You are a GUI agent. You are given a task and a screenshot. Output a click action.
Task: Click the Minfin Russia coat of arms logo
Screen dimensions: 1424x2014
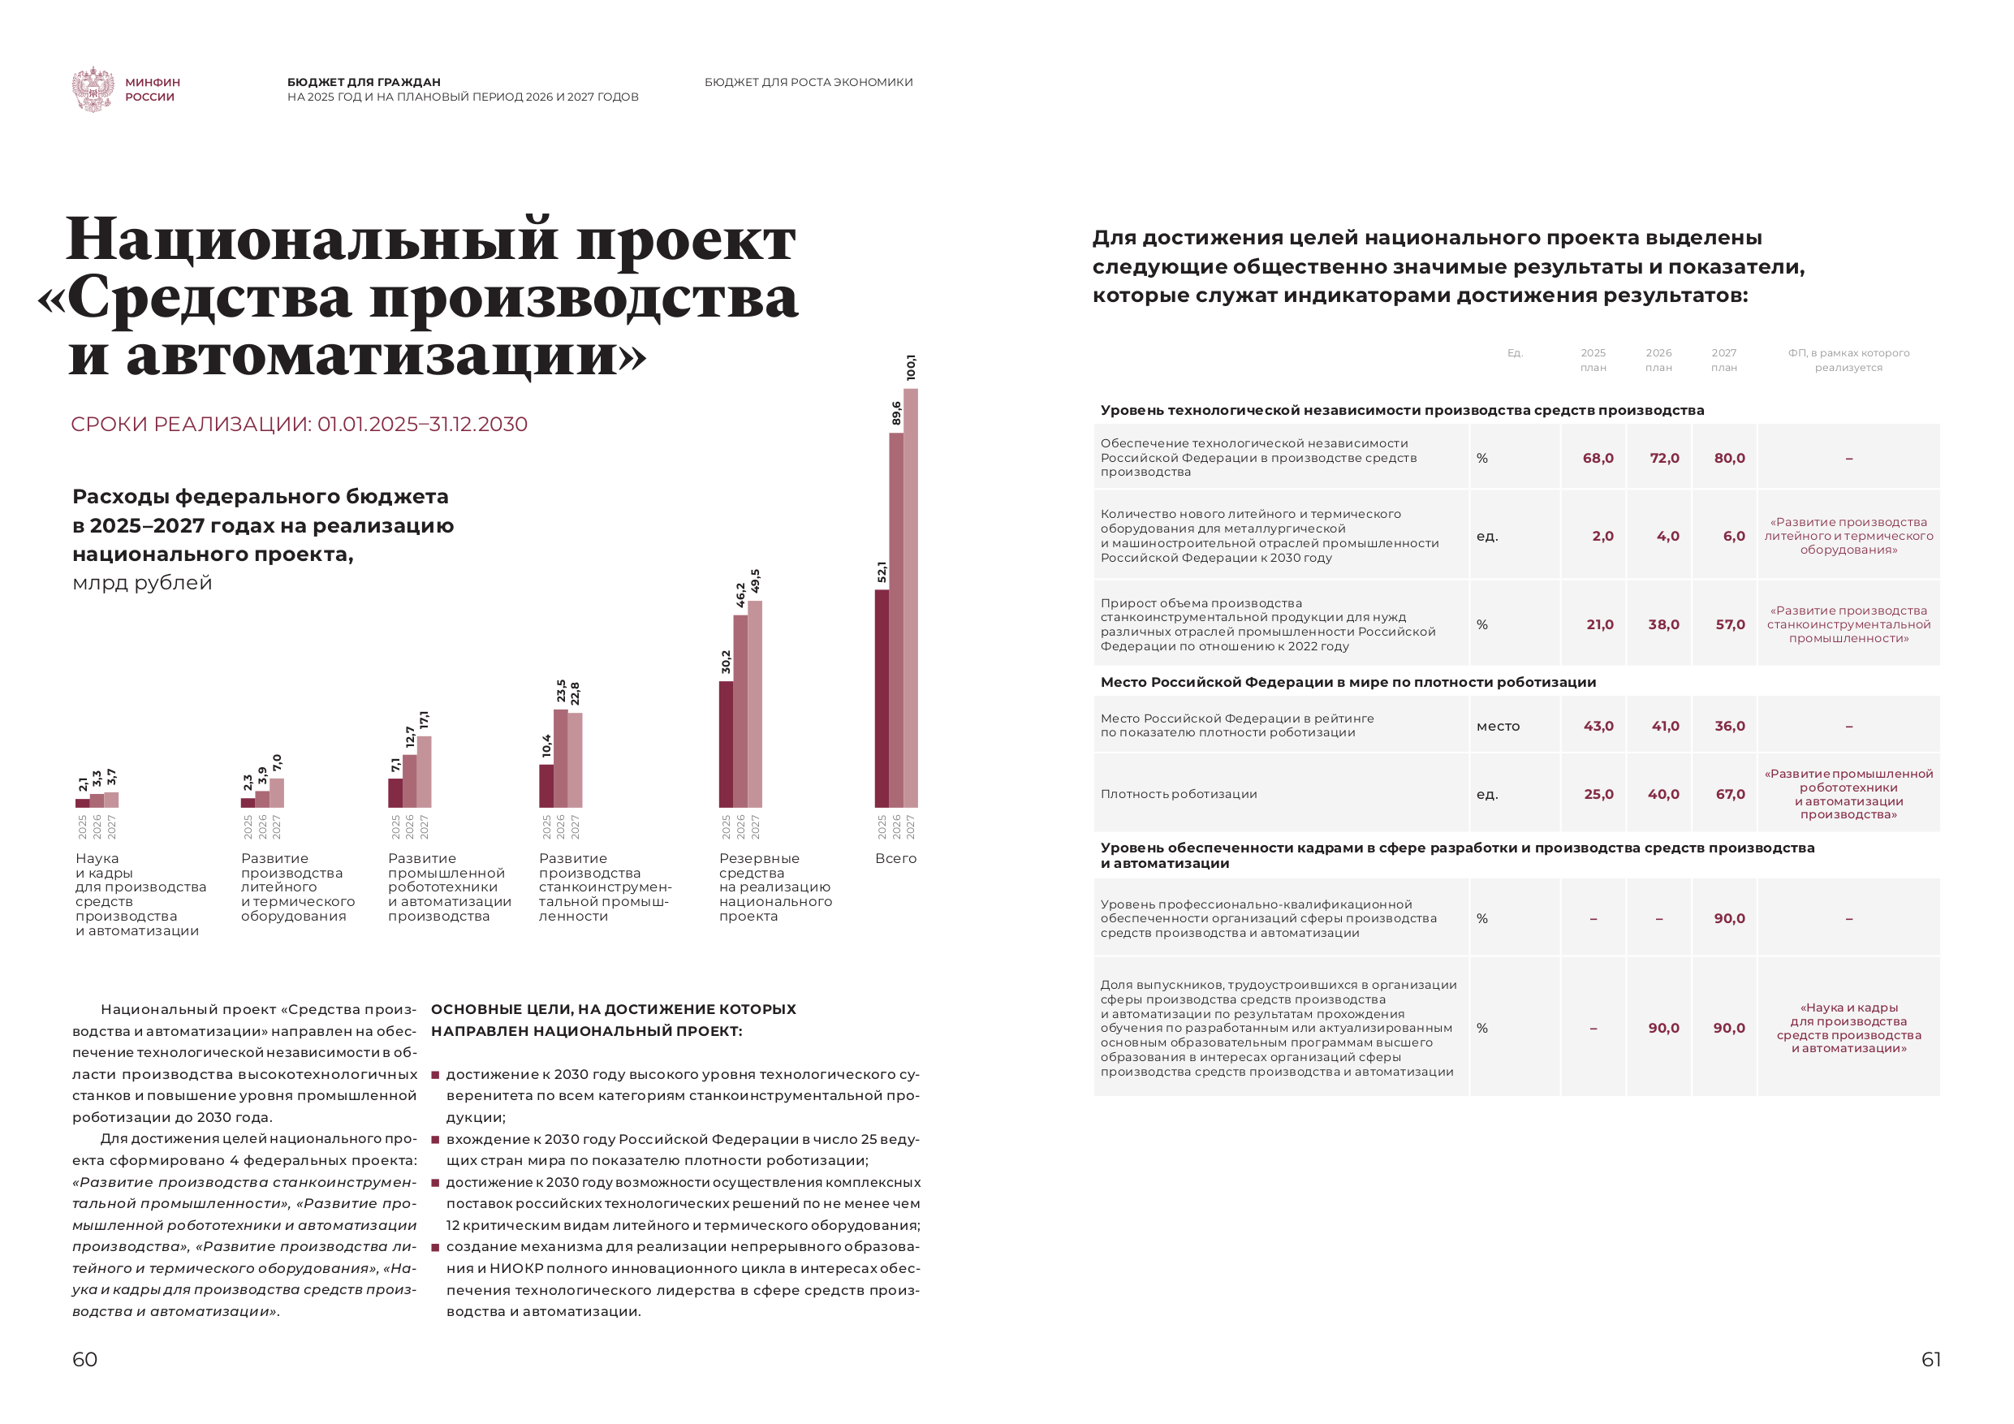(x=92, y=88)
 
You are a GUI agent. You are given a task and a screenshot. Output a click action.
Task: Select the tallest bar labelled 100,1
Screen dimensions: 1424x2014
(x=911, y=597)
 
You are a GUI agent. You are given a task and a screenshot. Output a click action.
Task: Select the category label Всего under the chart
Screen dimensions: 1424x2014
(x=895, y=858)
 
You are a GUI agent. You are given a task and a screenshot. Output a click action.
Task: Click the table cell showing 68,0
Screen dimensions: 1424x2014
(x=1598, y=458)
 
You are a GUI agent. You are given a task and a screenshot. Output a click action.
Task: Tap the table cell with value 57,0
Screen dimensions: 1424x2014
(x=1730, y=624)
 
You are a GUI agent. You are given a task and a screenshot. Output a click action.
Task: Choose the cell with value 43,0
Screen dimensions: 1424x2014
(x=1598, y=726)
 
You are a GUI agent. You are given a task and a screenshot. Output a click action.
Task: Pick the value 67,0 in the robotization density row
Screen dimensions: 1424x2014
(x=1730, y=794)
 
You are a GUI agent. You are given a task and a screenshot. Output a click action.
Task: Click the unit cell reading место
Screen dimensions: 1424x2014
(x=1498, y=726)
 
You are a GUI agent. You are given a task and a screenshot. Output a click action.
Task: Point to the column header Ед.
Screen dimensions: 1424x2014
(x=1514, y=352)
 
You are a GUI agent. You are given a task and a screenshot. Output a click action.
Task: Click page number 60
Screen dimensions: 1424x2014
(x=84, y=1359)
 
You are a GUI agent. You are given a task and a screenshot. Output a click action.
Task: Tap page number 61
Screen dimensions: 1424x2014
(x=1930, y=1359)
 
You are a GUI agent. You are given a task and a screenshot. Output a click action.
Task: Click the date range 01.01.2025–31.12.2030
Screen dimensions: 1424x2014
(x=422, y=425)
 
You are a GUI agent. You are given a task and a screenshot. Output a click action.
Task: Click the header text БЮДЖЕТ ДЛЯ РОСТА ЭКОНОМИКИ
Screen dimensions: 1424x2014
(x=808, y=83)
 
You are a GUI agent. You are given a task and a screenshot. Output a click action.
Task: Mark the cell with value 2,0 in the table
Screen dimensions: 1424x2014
(x=1602, y=536)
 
